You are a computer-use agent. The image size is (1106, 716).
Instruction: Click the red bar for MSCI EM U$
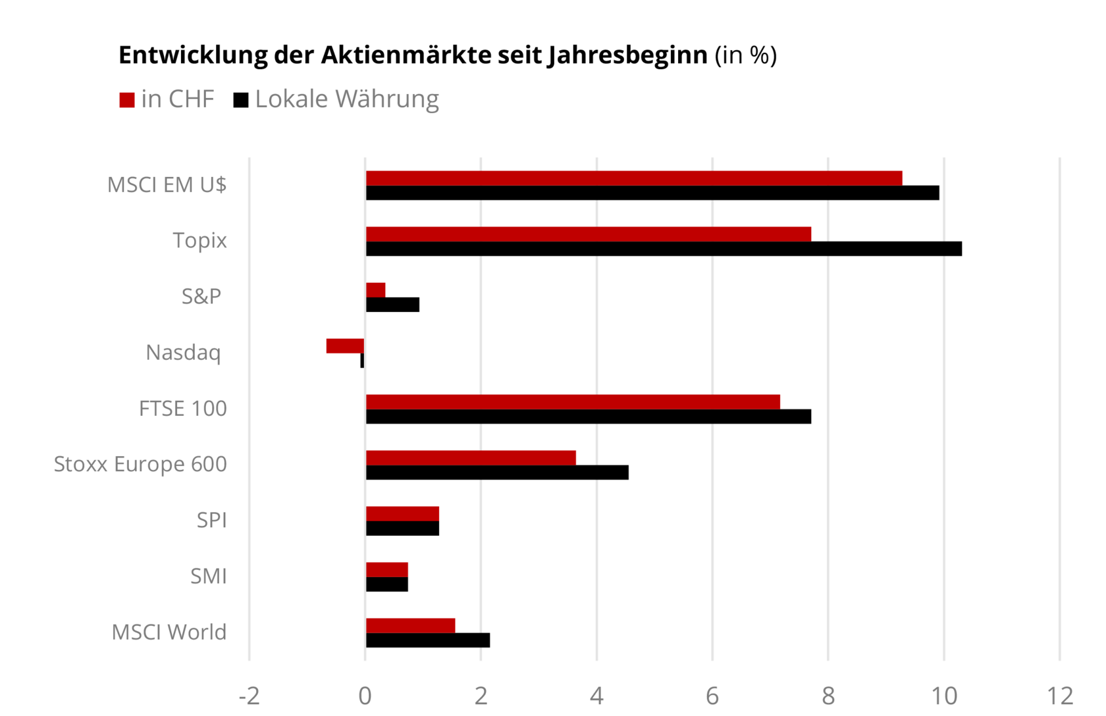coord(633,178)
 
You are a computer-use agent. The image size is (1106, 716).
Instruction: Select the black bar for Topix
coord(664,249)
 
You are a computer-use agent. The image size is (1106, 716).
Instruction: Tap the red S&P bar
coord(375,290)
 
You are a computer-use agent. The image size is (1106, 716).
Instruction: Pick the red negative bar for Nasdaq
coord(345,346)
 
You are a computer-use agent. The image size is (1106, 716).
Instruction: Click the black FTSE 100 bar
coord(588,417)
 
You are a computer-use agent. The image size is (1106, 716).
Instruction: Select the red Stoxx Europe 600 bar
coord(471,458)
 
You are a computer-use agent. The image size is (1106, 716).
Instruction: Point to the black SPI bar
coord(402,528)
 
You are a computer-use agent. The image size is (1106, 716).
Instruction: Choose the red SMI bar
coord(386,570)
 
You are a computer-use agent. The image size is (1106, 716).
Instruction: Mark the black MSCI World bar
coord(427,640)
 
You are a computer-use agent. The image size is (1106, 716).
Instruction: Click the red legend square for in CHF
coord(127,100)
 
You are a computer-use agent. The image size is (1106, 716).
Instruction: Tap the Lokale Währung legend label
coord(346,99)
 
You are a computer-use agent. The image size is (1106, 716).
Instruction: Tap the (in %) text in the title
coord(746,55)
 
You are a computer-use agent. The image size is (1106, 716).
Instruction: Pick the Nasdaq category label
coord(183,353)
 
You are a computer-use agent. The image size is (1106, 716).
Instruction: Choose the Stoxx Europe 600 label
coord(140,465)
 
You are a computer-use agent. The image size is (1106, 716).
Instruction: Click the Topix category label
coord(199,241)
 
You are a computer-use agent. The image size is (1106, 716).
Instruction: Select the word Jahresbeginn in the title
coord(627,55)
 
